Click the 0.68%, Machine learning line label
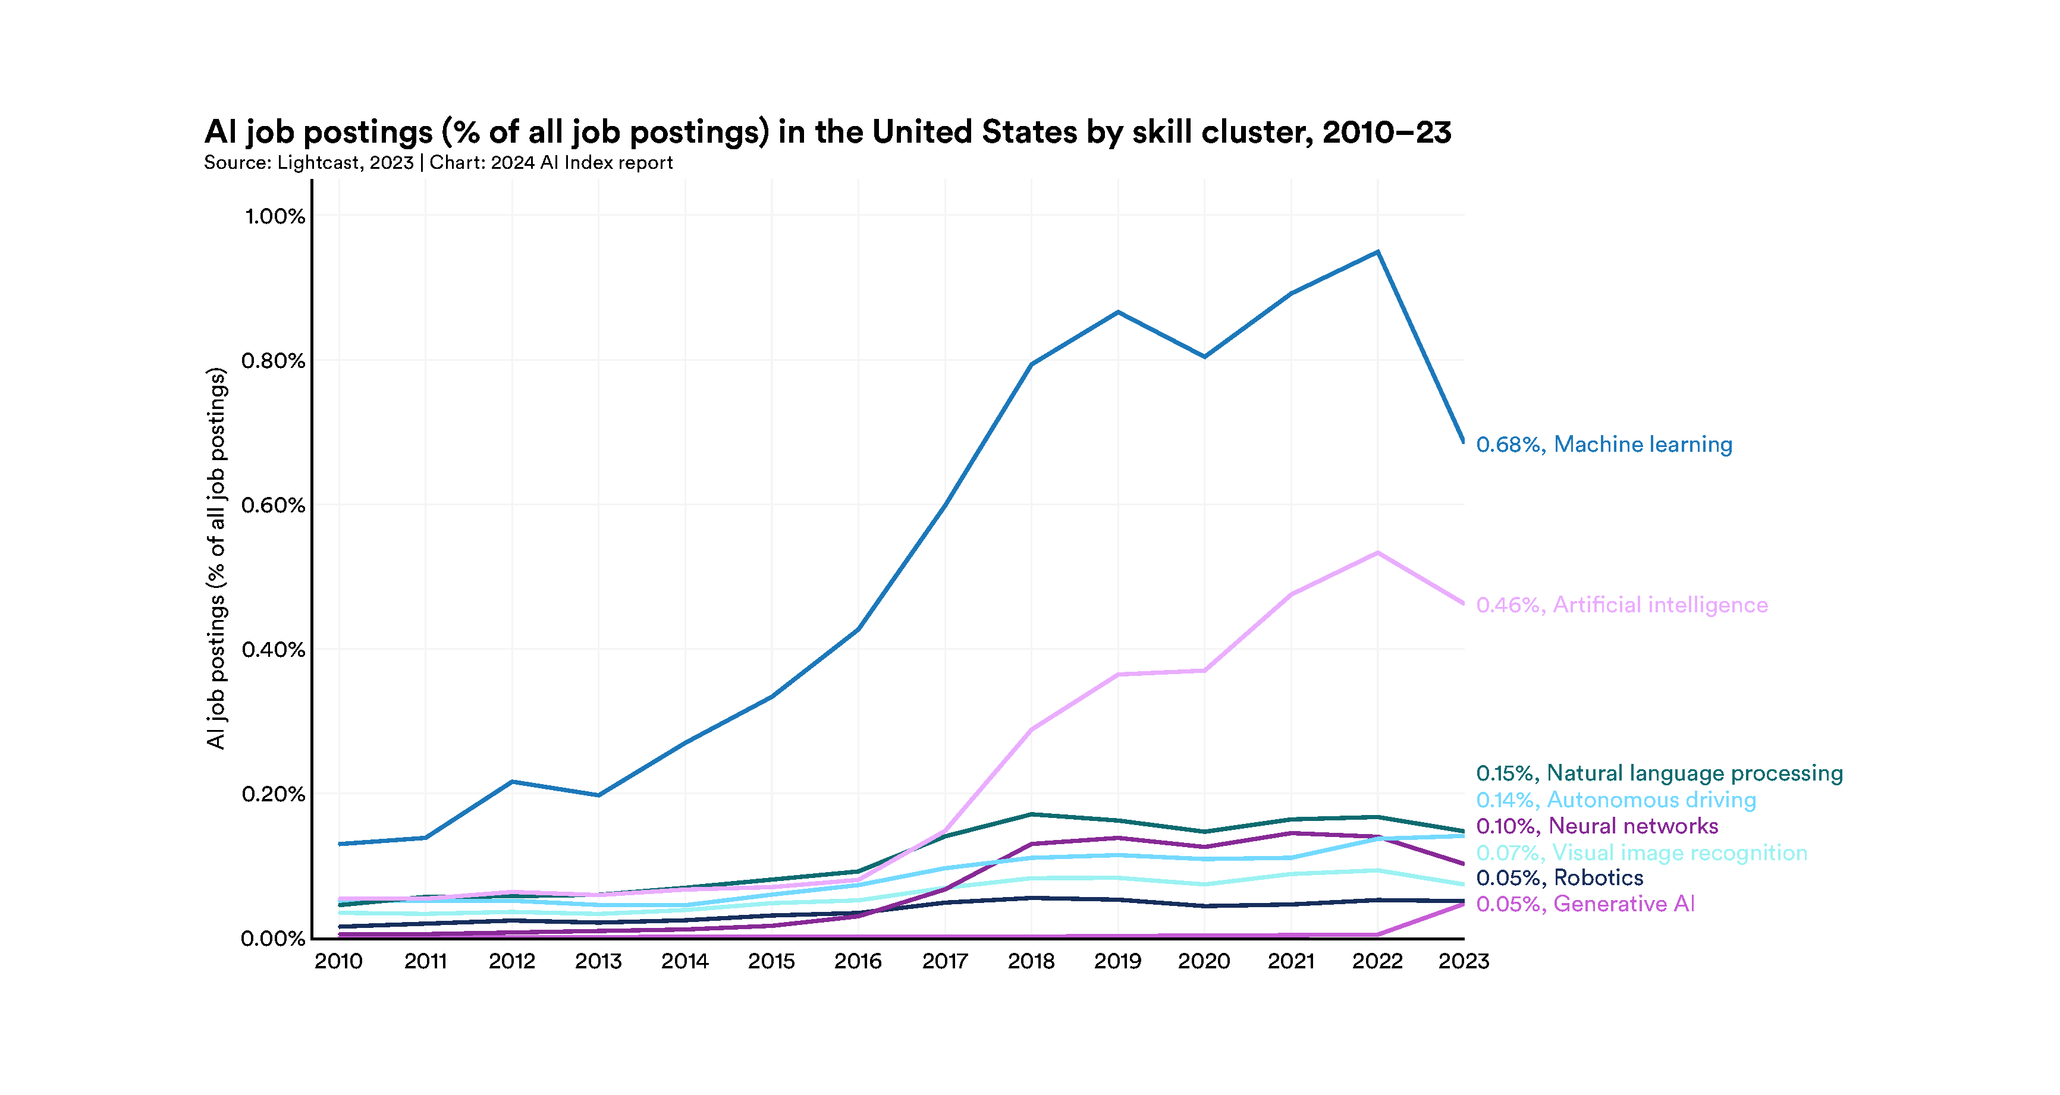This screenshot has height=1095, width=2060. (x=1603, y=445)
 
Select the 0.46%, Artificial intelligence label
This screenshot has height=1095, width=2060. (x=1621, y=605)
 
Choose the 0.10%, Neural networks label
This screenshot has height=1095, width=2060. (x=1596, y=826)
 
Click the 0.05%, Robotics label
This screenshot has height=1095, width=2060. (x=1559, y=877)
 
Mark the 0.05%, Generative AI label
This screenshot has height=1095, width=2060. (x=1585, y=904)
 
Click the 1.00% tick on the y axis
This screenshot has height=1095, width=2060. (x=274, y=216)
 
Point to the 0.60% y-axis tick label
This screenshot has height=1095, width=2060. (x=274, y=505)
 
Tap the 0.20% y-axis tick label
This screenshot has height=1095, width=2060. (x=274, y=794)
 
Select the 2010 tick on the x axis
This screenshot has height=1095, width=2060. (x=338, y=961)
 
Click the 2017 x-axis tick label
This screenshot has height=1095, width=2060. (x=944, y=961)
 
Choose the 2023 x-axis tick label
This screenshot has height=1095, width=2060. (x=1464, y=961)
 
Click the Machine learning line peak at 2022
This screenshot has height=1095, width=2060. (x=1377, y=253)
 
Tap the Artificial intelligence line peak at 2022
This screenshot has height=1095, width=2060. (x=1377, y=553)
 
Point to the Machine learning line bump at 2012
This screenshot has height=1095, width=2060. (x=512, y=782)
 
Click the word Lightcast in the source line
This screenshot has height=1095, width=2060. (x=318, y=163)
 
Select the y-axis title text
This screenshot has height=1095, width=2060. (x=216, y=558)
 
